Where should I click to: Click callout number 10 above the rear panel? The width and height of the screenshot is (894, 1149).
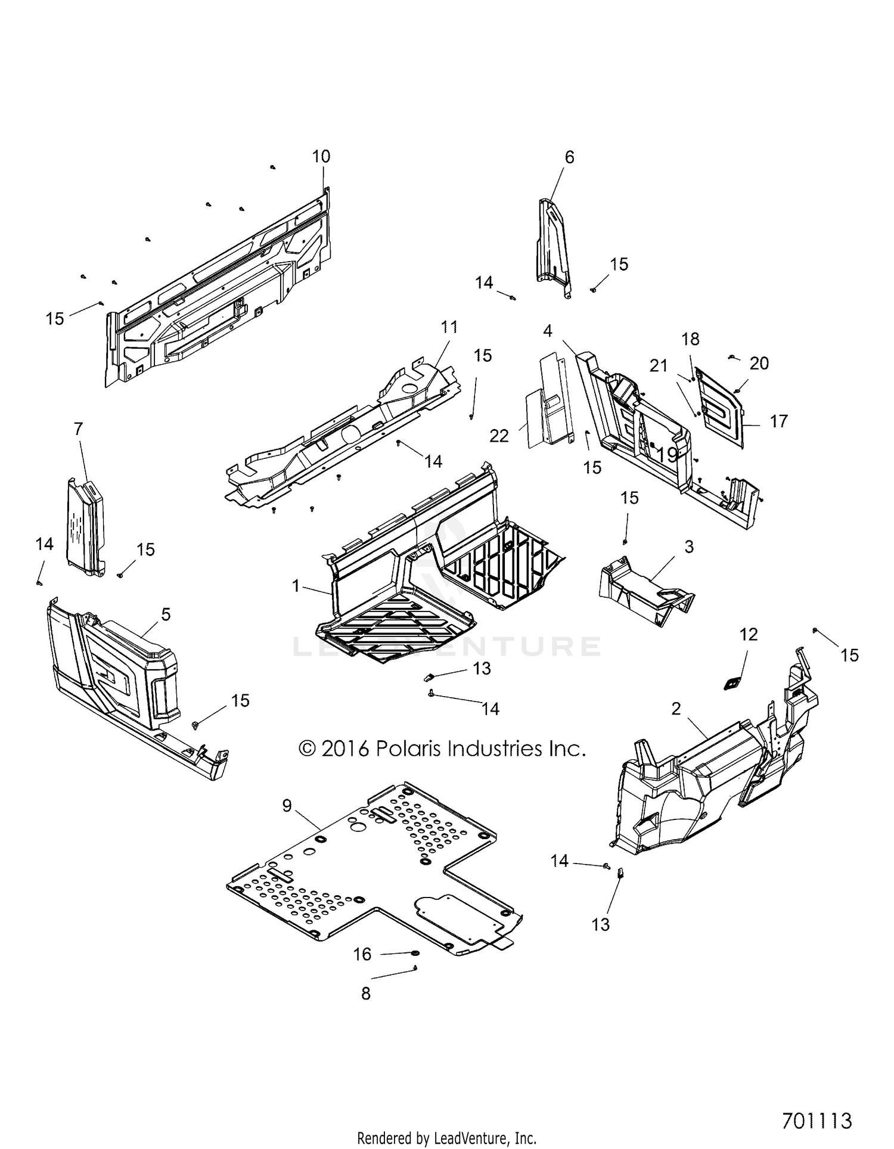point(321,157)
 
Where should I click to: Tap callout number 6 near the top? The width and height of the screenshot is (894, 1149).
point(569,157)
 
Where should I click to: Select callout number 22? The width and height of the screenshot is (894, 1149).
point(499,436)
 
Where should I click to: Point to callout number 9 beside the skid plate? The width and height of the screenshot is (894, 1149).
point(287,806)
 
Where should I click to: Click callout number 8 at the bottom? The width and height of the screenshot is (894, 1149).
point(366,993)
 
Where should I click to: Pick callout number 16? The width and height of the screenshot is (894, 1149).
point(362,954)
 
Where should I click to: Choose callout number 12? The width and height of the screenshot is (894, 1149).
point(749,635)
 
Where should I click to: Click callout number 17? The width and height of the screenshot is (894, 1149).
point(778,421)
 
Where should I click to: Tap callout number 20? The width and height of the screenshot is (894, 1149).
point(759,363)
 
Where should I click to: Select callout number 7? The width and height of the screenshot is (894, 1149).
point(78,429)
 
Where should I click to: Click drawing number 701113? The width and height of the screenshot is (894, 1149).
point(817,1120)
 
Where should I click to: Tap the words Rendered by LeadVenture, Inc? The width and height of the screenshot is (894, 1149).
point(446,1138)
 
